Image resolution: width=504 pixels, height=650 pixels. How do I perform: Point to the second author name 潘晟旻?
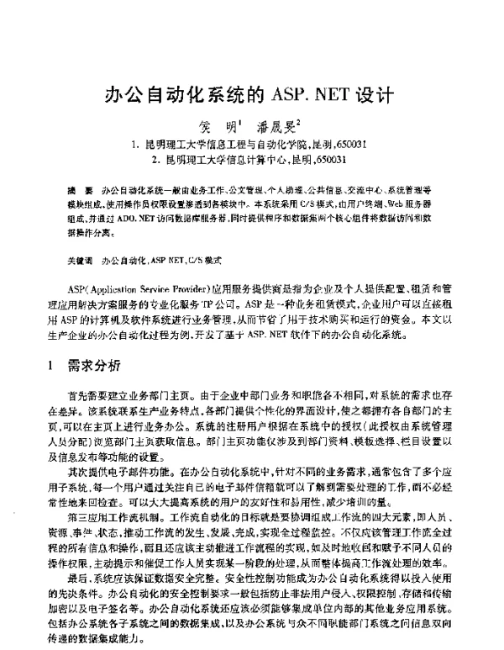276,128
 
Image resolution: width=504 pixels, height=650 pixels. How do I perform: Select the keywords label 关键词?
81,262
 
